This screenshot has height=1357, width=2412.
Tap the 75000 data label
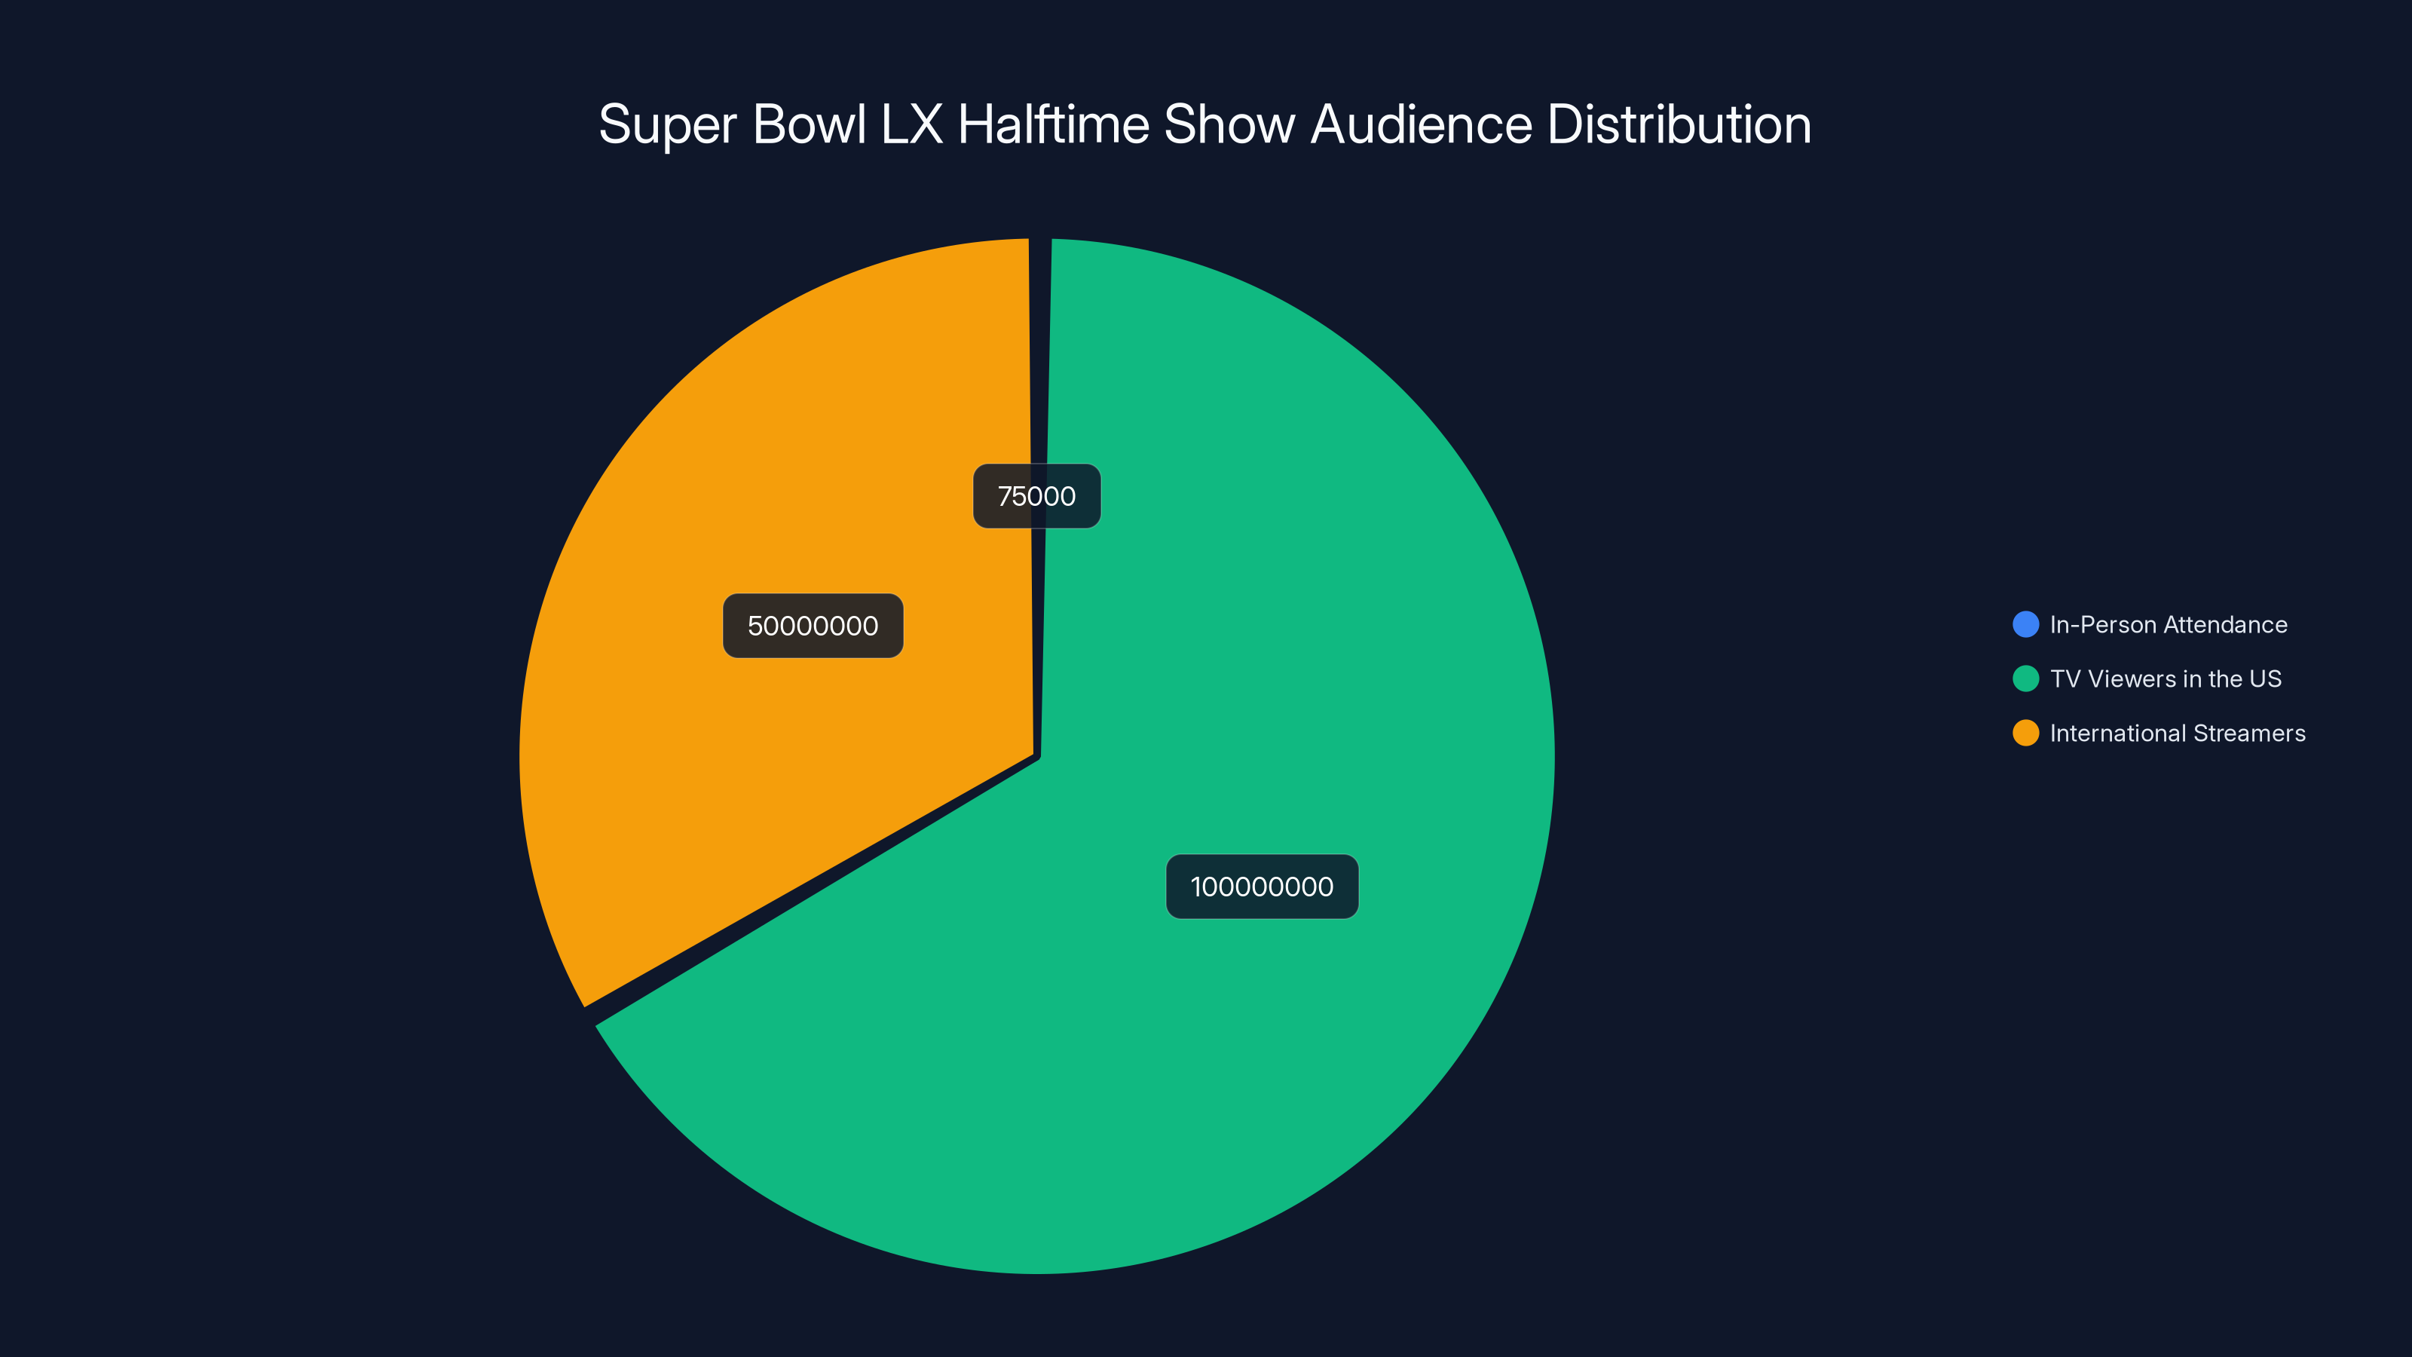coord(1036,496)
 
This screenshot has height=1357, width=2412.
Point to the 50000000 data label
coord(813,626)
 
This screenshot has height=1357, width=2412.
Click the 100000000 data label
coord(1261,887)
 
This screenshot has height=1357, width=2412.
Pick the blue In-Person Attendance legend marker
coord(2025,625)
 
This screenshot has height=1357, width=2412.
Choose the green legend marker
coord(2025,679)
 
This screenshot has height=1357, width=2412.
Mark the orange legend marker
coord(2025,734)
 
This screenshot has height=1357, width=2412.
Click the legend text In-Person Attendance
coord(2168,625)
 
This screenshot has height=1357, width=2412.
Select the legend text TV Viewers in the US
coord(2165,679)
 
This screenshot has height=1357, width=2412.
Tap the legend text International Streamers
coord(2177,734)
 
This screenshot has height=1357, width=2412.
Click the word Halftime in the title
coord(1054,124)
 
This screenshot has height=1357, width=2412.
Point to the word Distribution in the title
coord(1679,124)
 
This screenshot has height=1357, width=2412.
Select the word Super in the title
coord(668,124)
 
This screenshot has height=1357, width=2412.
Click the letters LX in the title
coord(911,124)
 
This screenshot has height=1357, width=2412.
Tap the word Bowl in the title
coord(809,124)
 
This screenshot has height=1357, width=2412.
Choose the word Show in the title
coord(1229,124)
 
